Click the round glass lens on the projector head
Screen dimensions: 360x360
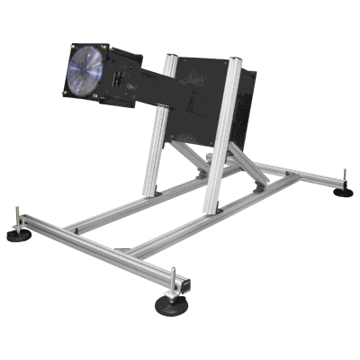click(x=86, y=69)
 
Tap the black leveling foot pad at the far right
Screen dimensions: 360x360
click(x=342, y=192)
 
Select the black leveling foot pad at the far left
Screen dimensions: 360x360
click(x=18, y=235)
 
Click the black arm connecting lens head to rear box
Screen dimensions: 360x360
click(x=153, y=85)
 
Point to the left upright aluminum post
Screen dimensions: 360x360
click(x=153, y=148)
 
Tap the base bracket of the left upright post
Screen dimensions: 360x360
click(x=151, y=192)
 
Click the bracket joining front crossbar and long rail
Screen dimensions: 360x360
click(x=123, y=249)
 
